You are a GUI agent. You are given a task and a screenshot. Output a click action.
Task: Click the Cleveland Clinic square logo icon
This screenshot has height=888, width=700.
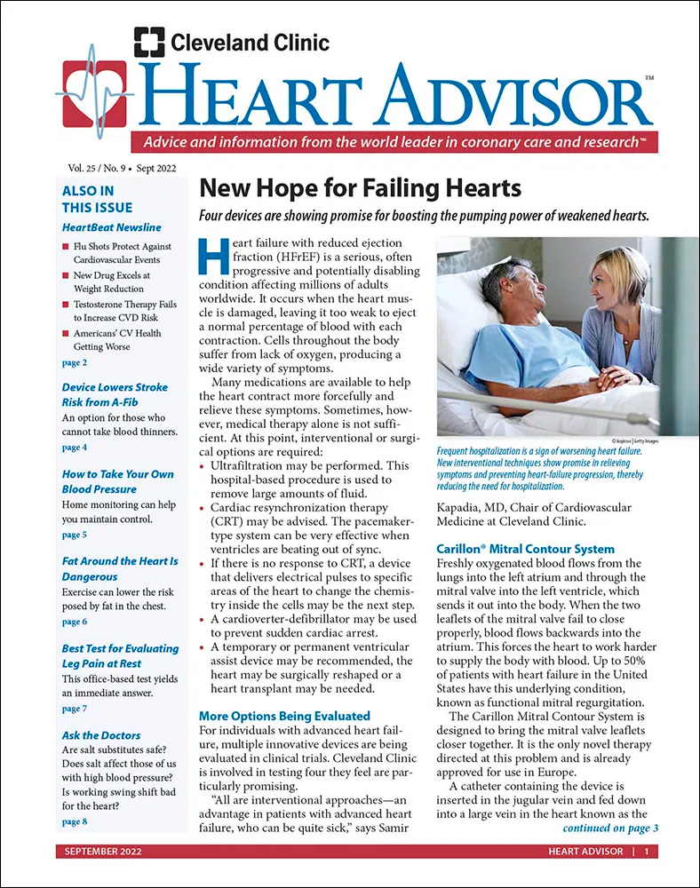pos(148,42)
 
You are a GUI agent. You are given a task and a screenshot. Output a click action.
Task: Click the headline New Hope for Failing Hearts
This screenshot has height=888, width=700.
pos(360,189)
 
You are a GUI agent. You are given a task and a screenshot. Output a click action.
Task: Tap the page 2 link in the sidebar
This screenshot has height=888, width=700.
pos(75,362)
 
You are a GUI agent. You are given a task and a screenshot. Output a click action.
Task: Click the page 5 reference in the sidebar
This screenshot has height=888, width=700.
pos(75,535)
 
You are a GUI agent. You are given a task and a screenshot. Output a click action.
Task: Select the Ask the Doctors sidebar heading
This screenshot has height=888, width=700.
pos(101,734)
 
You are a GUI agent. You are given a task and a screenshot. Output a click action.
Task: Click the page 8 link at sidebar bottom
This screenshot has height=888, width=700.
pos(75,821)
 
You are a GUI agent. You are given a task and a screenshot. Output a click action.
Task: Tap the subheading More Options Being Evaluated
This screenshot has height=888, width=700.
pos(284,715)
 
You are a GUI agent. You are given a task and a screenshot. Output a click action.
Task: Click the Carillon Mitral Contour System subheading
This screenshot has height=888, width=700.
pos(526,549)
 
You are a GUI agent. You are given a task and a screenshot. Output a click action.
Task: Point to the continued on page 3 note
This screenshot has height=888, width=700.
pos(610,829)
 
